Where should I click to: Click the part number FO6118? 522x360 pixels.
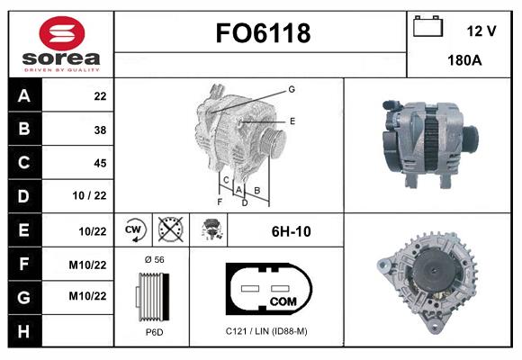[263, 33]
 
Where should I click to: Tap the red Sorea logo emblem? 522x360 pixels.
[62, 33]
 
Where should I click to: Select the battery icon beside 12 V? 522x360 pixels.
[427, 26]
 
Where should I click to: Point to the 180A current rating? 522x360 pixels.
[464, 60]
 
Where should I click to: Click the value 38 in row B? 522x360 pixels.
[100, 130]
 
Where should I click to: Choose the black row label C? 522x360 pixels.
[24, 163]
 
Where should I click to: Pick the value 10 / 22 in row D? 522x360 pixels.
[89, 195]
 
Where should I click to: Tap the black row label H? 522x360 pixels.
[24, 331]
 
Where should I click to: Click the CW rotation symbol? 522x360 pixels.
[133, 229]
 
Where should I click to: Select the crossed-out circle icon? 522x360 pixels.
[170, 229]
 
